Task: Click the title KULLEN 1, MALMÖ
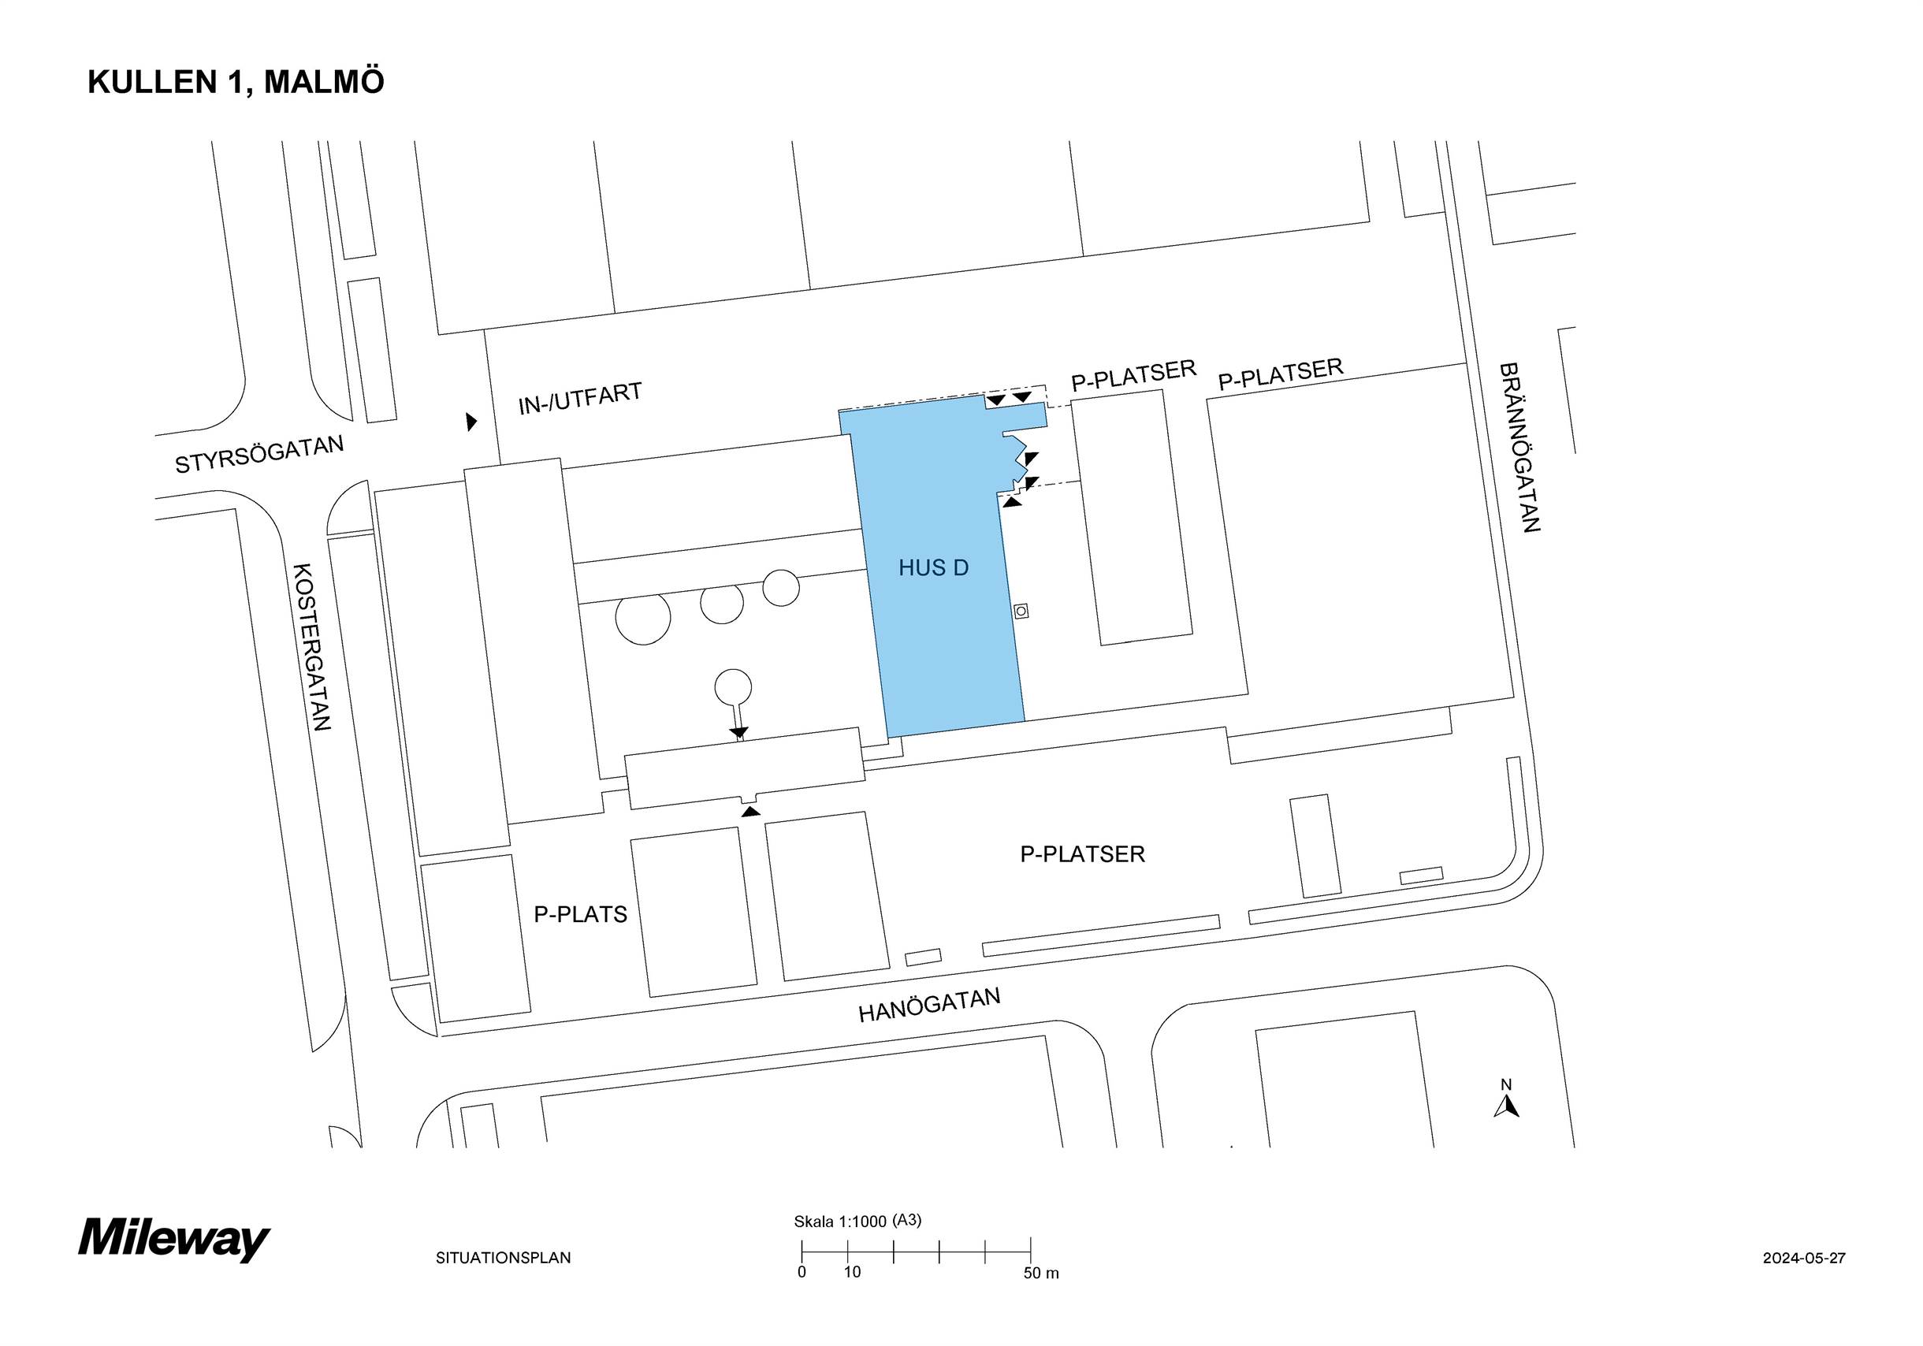coord(236,82)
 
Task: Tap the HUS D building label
coord(933,568)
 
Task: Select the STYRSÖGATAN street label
coord(259,454)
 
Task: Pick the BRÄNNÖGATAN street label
coord(1519,448)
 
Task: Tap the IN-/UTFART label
coord(579,399)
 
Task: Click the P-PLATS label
coord(580,915)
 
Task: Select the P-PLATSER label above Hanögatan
coord(1082,854)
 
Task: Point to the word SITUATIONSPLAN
coord(504,1257)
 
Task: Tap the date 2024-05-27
coord(1804,1257)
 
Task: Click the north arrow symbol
coord(1506,1106)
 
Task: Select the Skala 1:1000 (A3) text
coord(857,1221)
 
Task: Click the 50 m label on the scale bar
coord(1041,1273)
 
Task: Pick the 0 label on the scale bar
coord(802,1272)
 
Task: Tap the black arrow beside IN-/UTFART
coord(471,422)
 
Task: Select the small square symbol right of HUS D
coord(1020,612)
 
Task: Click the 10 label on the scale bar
coord(852,1272)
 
